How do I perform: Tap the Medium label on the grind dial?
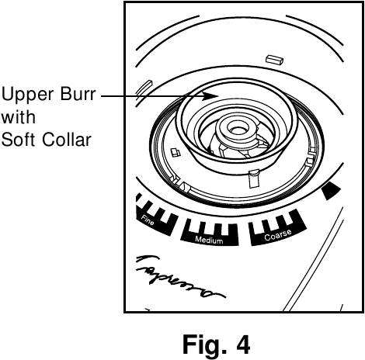point(208,241)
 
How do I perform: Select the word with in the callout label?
point(13,119)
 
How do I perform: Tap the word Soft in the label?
point(16,140)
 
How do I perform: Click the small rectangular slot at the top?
point(273,58)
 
